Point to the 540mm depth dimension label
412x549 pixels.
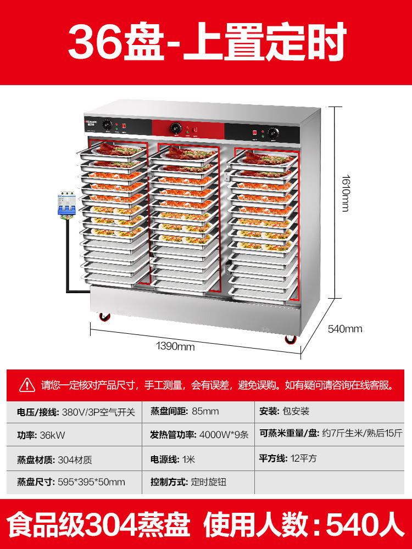(x=345, y=329)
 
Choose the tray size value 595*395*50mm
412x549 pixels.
(x=91, y=482)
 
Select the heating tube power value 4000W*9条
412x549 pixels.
(x=224, y=435)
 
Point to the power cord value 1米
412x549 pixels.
(x=188, y=458)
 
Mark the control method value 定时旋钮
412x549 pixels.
(x=208, y=482)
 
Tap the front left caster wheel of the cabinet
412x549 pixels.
(x=104, y=317)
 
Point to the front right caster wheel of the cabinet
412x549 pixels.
(x=289, y=338)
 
